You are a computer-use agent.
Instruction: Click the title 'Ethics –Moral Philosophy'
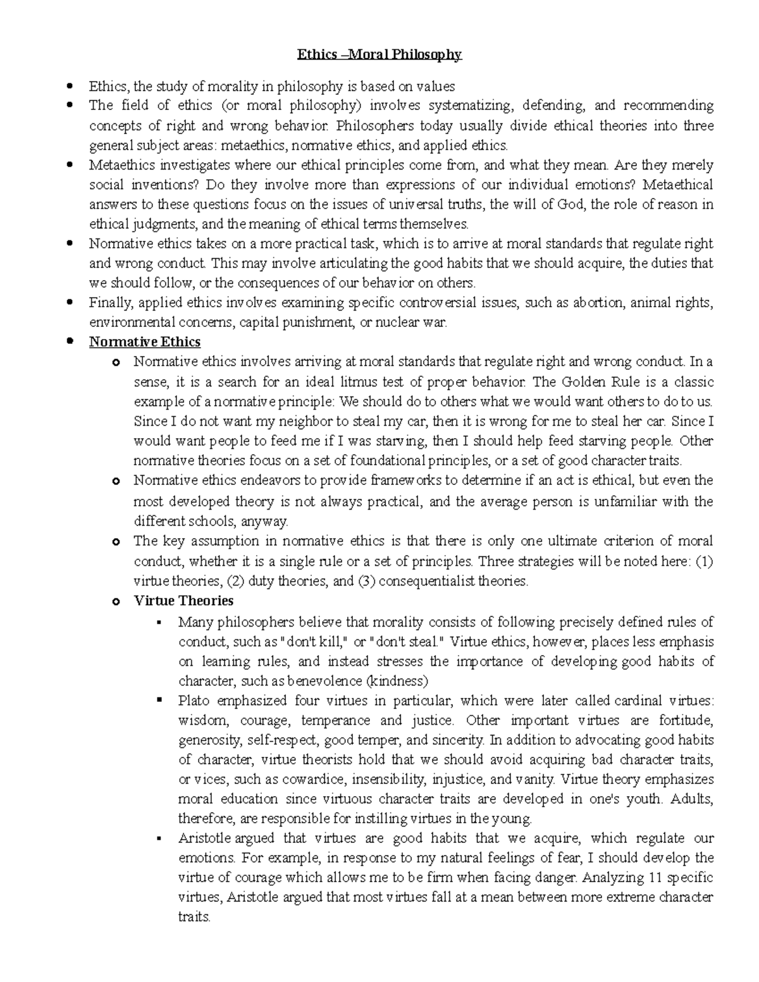pos(379,55)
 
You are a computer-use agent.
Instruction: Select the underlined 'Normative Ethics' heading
pos(145,342)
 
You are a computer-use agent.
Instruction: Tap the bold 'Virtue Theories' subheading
pos(183,601)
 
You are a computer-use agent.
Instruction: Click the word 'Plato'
pos(194,701)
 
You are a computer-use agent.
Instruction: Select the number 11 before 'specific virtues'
pos(655,878)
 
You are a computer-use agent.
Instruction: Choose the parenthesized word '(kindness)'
pos(397,681)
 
